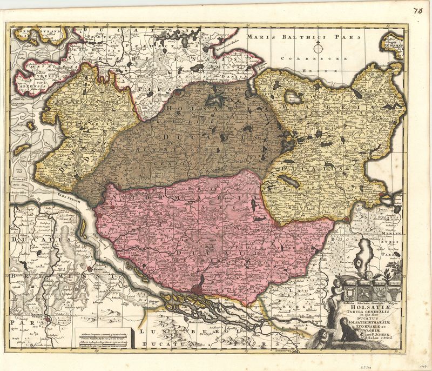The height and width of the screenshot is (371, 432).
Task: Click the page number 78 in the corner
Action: [x=418, y=10]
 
